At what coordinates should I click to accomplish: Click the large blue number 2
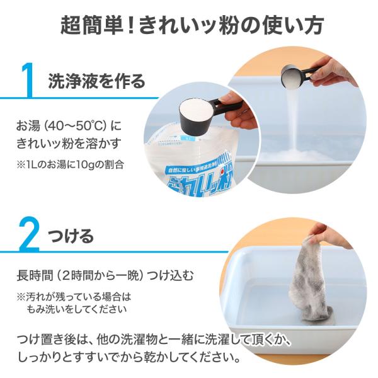click(x=30, y=234)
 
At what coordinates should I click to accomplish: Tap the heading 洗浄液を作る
click(x=97, y=81)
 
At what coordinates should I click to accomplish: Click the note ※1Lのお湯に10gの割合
click(x=70, y=164)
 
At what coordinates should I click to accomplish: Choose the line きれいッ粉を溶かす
click(x=69, y=143)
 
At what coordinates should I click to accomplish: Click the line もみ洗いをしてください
click(x=77, y=309)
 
